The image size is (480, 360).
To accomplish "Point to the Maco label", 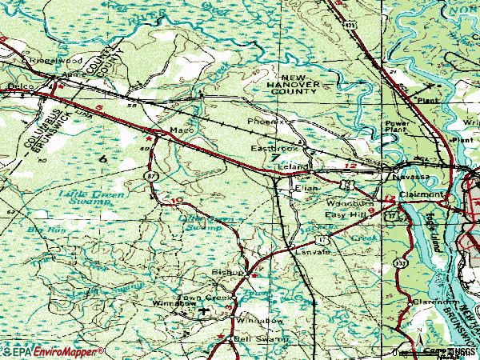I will click(x=178, y=130).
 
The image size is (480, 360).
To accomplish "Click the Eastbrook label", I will click(x=274, y=149).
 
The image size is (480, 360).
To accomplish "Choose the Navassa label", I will click(x=409, y=175).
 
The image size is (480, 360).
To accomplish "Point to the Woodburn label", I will click(x=346, y=204).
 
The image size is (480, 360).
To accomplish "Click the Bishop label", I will click(x=226, y=273).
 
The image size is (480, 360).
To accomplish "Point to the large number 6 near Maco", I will click(x=102, y=159).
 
